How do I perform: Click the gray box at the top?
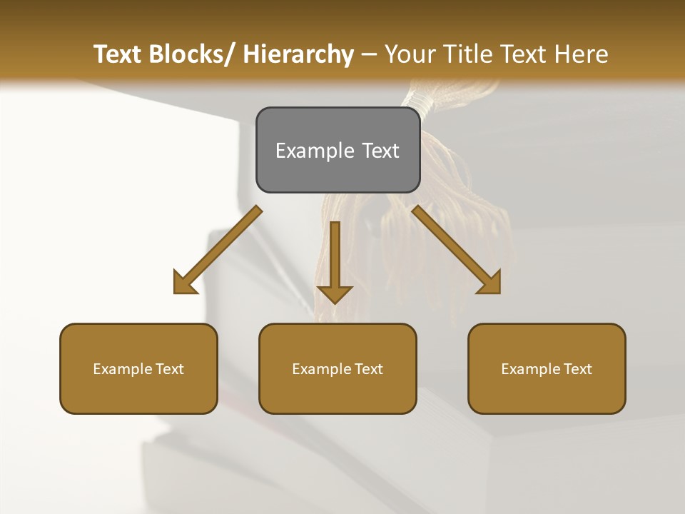pyautogui.click(x=338, y=150)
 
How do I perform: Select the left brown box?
pyautogui.click(x=138, y=368)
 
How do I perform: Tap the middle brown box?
pyautogui.click(x=338, y=368)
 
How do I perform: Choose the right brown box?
pyautogui.click(x=547, y=368)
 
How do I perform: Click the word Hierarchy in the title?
pyautogui.click(x=298, y=55)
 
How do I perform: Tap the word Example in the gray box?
pyautogui.click(x=315, y=151)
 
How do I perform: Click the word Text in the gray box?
pyautogui.click(x=380, y=151)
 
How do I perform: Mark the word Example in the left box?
pyautogui.click(x=123, y=369)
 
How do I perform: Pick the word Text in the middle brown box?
pyautogui.click(x=367, y=369)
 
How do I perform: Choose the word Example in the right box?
pyautogui.click(x=531, y=369)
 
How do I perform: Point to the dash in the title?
pyautogui.click(x=369, y=55)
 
